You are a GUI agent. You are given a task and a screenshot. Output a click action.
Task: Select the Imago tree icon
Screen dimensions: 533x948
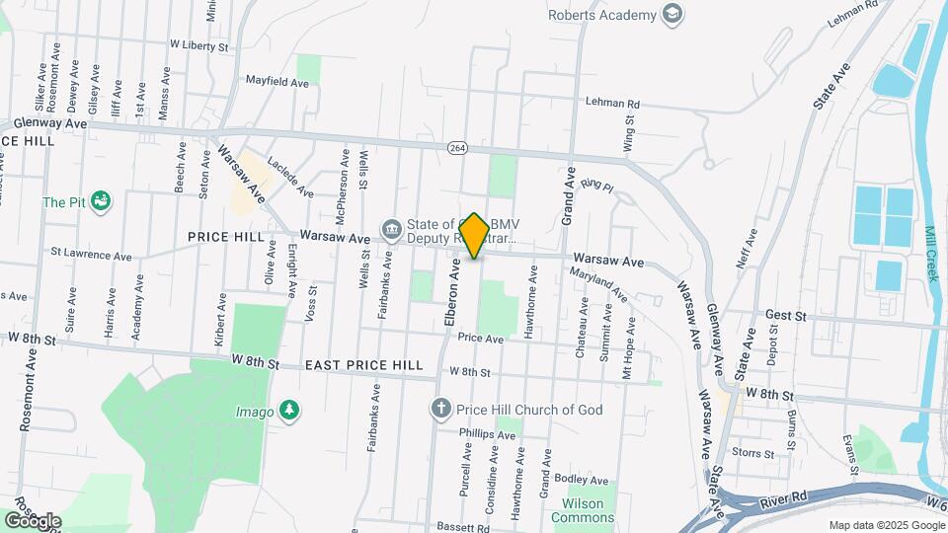click(x=288, y=410)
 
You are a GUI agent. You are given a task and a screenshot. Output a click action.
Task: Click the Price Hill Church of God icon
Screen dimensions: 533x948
click(x=441, y=409)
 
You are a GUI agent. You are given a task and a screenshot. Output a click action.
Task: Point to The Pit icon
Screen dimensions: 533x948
click(x=99, y=202)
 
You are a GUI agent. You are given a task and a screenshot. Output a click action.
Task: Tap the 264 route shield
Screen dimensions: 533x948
click(x=456, y=147)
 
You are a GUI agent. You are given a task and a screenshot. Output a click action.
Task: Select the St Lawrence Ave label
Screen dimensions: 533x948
click(x=91, y=256)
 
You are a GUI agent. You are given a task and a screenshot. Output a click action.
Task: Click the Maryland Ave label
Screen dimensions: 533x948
click(x=598, y=286)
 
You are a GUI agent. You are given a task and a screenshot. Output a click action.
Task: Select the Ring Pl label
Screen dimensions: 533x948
click(x=597, y=185)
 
